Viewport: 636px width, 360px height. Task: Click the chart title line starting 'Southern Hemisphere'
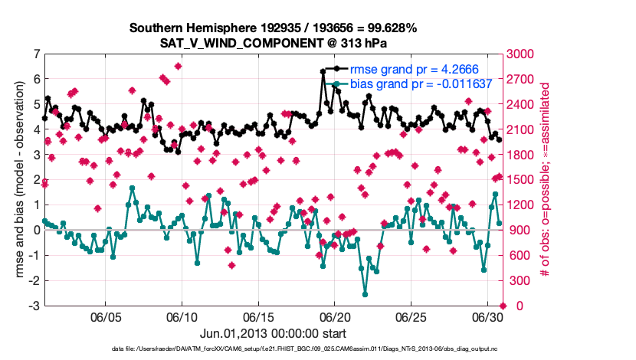[273, 28]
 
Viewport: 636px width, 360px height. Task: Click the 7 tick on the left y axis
[37, 54]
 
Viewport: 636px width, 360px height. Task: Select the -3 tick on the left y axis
[35, 306]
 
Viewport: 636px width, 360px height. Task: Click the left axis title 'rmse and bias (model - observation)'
[19, 180]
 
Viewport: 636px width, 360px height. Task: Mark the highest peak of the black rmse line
[323, 70]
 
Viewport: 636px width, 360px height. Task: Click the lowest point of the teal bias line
[366, 293]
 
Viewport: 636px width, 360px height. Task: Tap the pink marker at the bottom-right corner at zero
[502, 306]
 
